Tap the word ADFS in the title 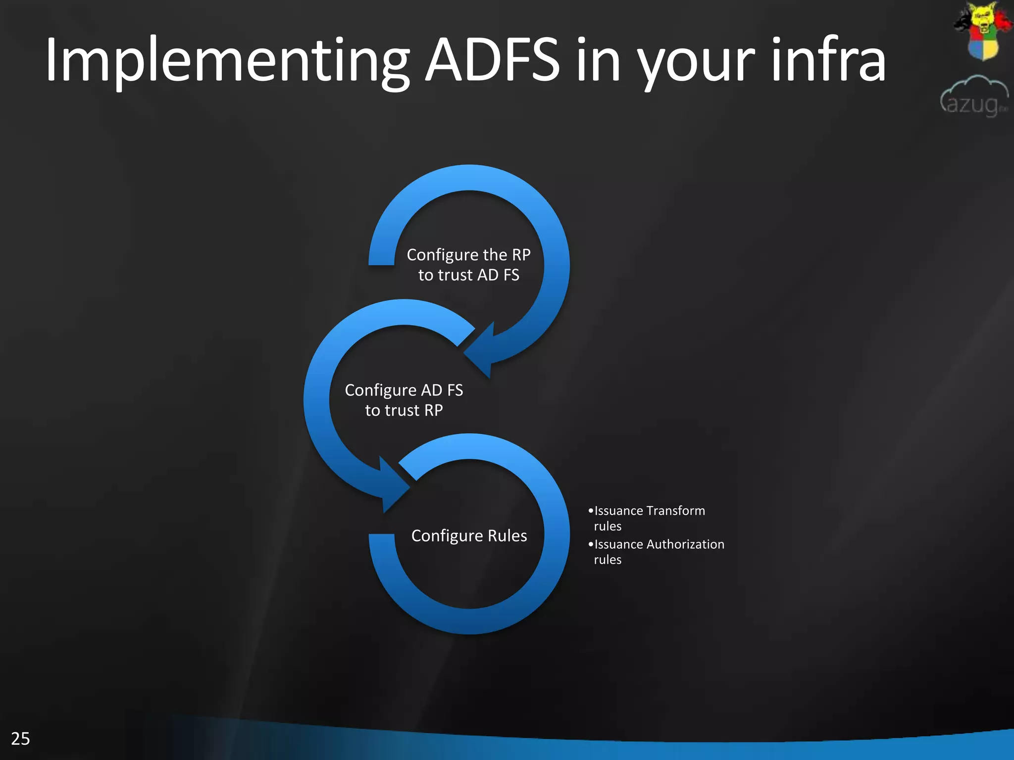tap(492, 60)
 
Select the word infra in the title tap(828, 60)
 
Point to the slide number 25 tap(20, 738)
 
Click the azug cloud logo tap(974, 96)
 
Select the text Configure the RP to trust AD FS tap(468, 265)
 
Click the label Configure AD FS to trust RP tap(404, 400)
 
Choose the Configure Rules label tap(469, 535)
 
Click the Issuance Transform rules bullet tap(649, 518)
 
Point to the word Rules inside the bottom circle tap(507, 535)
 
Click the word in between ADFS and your tap(598, 60)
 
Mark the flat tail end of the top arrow tap(381, 260)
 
